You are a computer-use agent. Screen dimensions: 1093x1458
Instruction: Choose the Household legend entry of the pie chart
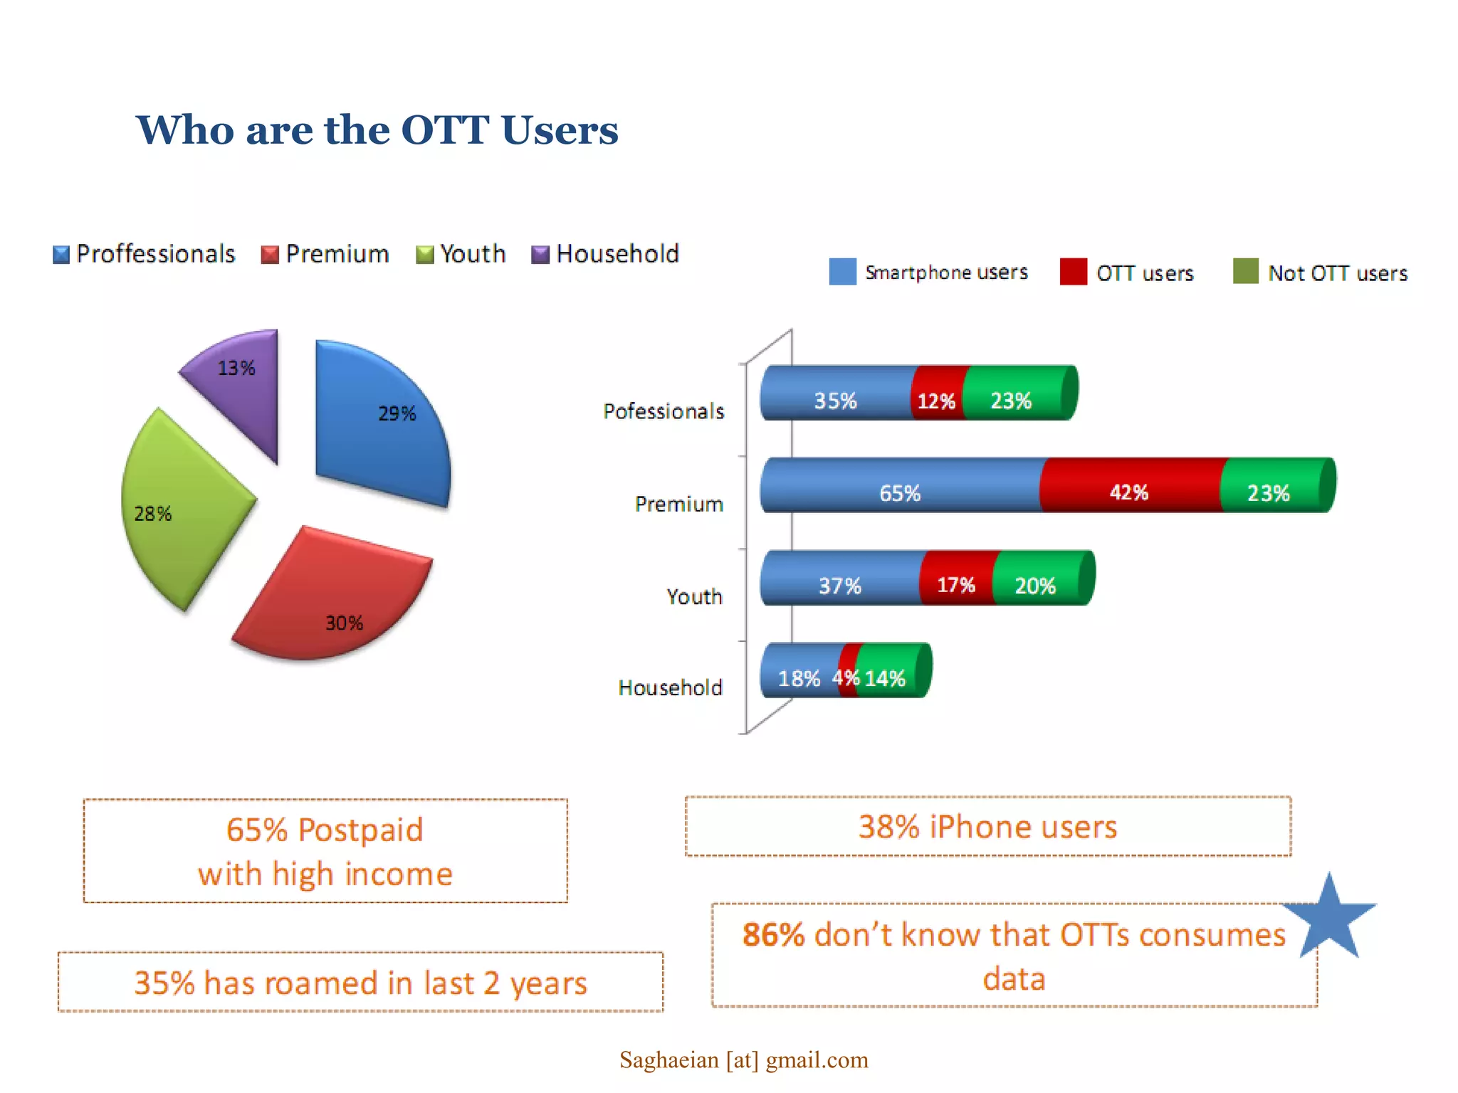tap(605, 254)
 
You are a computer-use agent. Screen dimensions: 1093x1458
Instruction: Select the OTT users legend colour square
tap(1073, 272)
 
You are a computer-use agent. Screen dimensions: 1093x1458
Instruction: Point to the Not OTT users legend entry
tap(1321, 273)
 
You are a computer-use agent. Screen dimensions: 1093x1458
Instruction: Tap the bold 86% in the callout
tap(773, 935)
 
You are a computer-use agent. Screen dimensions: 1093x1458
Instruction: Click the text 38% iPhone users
tap(987, 827)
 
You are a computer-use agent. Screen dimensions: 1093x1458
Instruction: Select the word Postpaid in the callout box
tap(360, 830)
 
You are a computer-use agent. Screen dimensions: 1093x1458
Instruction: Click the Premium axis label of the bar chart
tap(678, 504)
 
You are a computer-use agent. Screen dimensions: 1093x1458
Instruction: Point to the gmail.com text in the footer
tap(817, 1060)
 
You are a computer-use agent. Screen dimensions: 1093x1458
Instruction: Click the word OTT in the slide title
tap(445, 130)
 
